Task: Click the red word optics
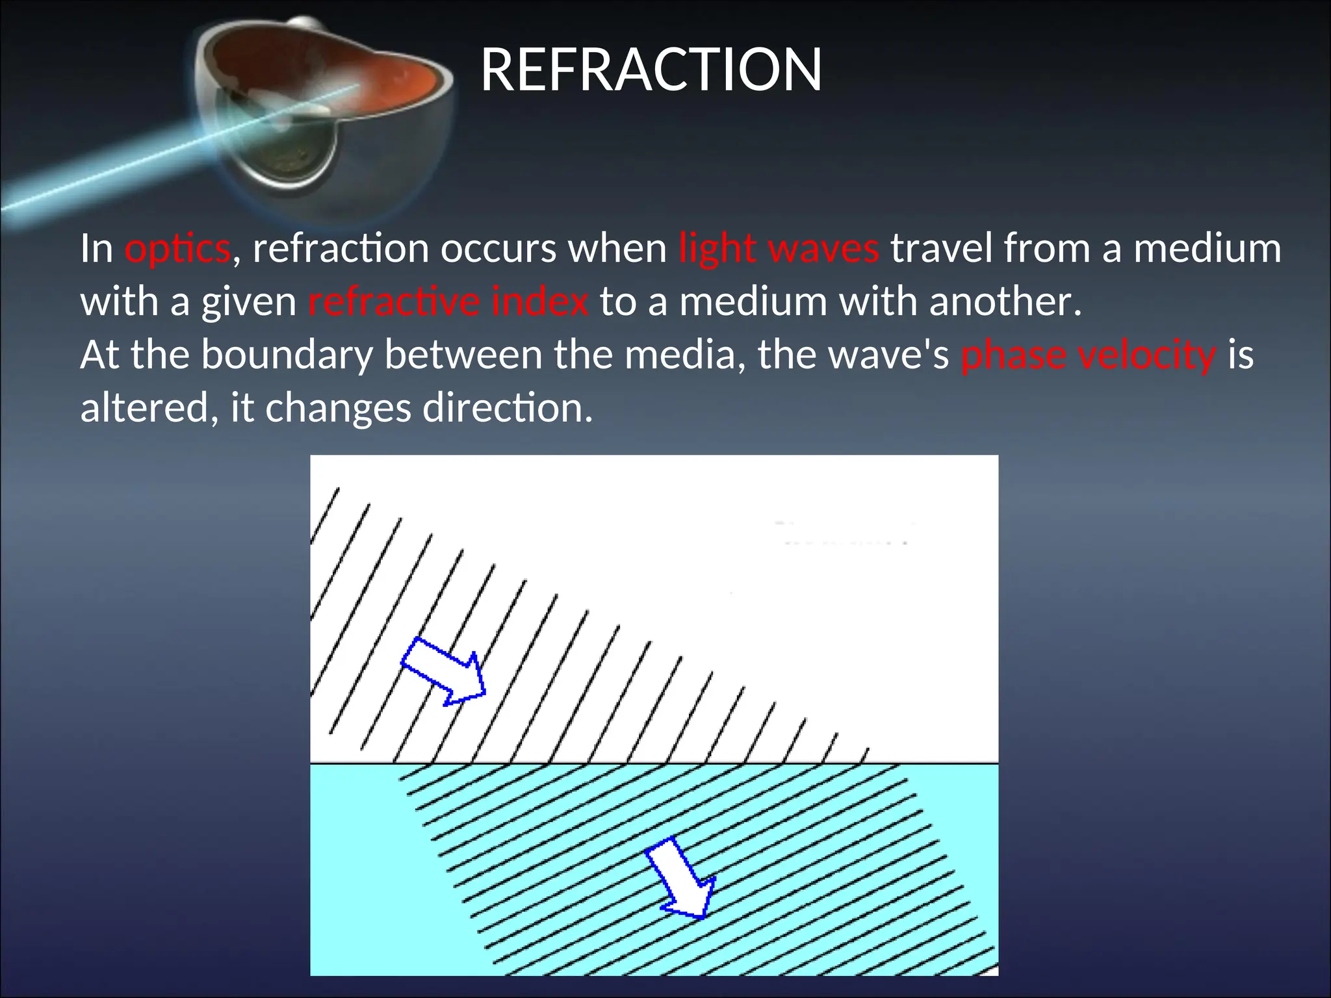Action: point(177,249)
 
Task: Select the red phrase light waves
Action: point(779,249)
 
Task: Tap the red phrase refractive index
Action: point(448,302)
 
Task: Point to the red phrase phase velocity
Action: point(1088,355)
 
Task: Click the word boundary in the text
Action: point(287,356)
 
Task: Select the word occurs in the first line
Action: point(498,249)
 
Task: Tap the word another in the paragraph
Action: point(1005,302)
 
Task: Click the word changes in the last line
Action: point(338,409)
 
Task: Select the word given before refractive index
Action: point(249,303)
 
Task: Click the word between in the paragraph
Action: point(463,355)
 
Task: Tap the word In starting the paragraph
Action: point(97,249)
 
